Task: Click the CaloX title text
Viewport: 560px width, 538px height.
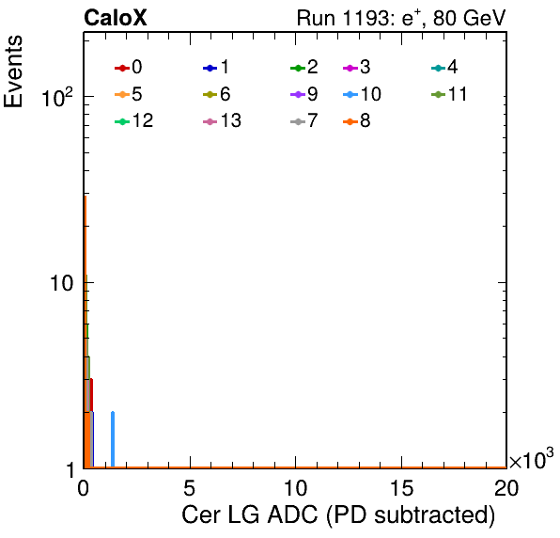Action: (x=116, y=18)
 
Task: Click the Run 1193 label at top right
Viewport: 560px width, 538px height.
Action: (x=401, y=18)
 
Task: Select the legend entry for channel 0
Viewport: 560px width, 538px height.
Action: (x=128, y=67)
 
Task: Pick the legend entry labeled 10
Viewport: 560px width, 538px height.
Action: (x=362, y=94)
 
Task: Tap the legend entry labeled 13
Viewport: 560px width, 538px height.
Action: (x=222, y=120)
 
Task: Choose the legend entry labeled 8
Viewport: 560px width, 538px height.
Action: (x=356, y=120)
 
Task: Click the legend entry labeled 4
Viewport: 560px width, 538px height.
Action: (x=444, y=67)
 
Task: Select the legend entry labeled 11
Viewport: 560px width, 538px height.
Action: (x=449, y=94)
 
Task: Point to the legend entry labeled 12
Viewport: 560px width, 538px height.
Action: (x=134, y=120)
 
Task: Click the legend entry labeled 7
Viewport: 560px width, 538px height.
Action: (x=303, y=120)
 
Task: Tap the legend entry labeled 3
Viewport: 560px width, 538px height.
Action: (x=356, y=67)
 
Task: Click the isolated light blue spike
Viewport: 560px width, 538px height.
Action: (x=113, y=439)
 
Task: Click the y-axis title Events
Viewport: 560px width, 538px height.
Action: (x=13, y=71)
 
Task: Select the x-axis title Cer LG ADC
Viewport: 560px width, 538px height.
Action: (x=338, y=515)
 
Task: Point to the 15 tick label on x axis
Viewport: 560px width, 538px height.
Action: (x=401, y=488)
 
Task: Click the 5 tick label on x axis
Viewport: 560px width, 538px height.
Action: (x=190, y=488)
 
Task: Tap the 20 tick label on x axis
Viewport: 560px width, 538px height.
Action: (x=506, y=488)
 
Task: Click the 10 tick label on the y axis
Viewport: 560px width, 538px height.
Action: (x=62, y=283)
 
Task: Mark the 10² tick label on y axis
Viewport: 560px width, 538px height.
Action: (x=57, y=97)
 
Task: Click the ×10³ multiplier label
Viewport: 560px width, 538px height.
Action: (x=531, y=459)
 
